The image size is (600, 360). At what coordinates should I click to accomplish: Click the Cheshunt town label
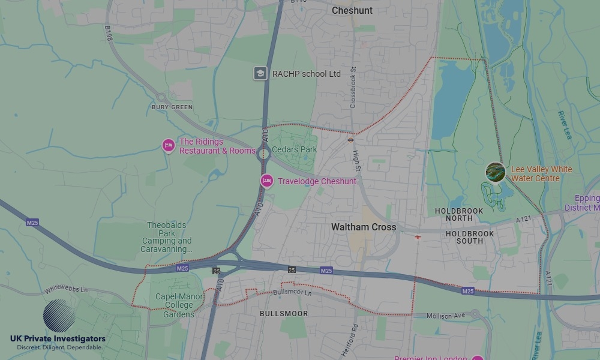[352, 11]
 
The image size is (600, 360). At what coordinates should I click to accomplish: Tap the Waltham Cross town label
[364, 227]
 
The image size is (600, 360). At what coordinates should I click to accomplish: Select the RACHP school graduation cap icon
[260, 74]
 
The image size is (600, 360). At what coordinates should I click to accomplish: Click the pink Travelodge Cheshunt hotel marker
[266, 181]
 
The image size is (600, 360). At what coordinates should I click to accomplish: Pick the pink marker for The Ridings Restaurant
[169, 145]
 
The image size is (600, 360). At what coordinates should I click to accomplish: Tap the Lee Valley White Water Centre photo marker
[495, 172]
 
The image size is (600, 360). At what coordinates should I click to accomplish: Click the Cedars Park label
[294, 149]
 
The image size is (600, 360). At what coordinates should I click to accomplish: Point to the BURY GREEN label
[172, 107]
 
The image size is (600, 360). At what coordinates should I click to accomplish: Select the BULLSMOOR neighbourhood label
[284, 314]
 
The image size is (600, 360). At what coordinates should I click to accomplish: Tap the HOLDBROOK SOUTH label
[470, 237]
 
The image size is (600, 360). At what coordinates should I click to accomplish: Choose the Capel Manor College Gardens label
[179, 305]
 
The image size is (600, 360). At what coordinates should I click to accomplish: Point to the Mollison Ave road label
[447, 316]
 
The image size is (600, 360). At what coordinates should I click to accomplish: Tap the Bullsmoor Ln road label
[293, 293]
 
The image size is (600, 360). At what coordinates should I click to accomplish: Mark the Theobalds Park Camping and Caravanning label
[167, 237]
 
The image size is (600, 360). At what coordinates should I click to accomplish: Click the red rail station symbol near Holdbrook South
[416, 238]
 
